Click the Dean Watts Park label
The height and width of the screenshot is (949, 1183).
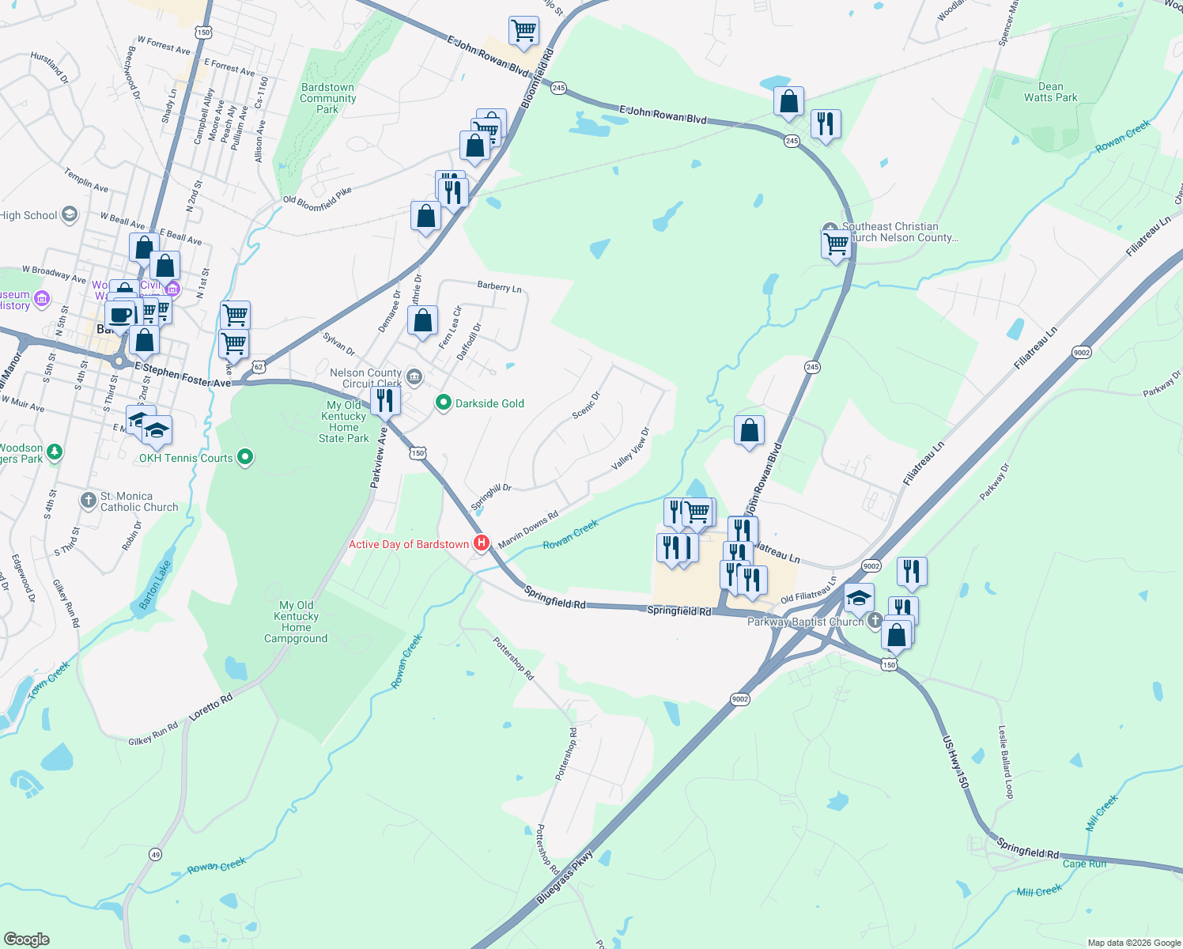(x=1050, y=93)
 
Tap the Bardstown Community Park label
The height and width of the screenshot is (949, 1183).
(x=327, y=99)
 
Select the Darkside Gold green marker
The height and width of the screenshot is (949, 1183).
(x=444, y=403)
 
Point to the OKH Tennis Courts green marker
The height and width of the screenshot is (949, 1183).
(x=245, y=456)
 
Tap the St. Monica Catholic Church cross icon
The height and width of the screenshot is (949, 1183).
(x=89, y=501)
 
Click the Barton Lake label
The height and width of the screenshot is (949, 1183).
(x=155, y=585)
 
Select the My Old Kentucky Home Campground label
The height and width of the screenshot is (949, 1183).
(x=296, y=622)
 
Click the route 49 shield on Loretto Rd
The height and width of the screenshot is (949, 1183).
(x=155, y=854)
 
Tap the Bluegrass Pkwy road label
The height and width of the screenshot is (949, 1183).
(x=565, y=878)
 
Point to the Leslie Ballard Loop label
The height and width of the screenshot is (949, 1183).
(x=1005, y=762)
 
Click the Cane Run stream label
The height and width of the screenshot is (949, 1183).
(x=1084, y=864)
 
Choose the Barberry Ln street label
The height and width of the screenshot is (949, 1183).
(x=499, y=287)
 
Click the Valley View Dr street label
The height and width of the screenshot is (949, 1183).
(x=630, y=449)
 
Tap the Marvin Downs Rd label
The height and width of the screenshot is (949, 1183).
(x=528, y=529)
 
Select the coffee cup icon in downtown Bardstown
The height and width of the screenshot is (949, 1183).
(x=120, y=315)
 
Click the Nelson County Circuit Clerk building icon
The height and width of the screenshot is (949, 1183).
(x=414, y=375)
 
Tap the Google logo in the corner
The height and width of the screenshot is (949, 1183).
(x=27, y=939)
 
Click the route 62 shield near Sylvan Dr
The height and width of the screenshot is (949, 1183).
(x=259, y=367)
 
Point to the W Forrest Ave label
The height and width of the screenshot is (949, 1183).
(x=164, y=44)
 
